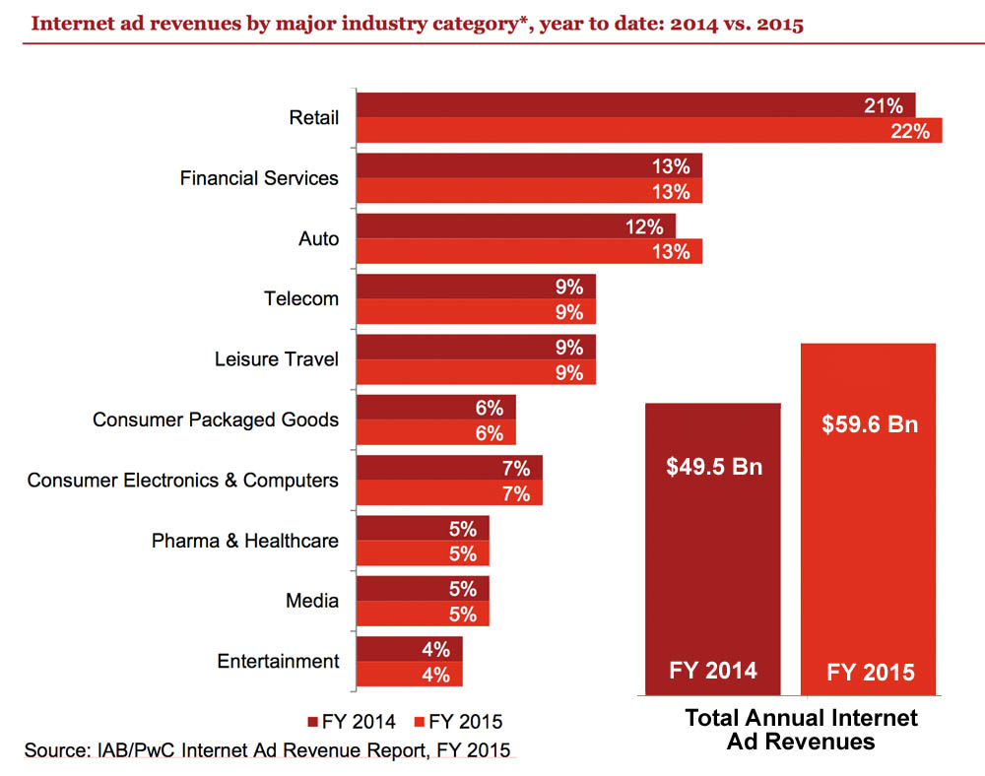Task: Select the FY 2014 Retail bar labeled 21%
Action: (635, 105)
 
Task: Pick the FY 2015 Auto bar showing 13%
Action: (529, 251)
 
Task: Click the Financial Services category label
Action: (259, 178)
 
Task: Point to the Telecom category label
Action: (301, 298)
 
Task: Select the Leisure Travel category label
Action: (277, 359)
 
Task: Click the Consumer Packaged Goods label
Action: (216, 420)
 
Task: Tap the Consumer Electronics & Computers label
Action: (183, 481)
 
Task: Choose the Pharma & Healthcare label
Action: (245, 541)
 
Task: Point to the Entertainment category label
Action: (278, 661)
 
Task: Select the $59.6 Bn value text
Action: (869, 424)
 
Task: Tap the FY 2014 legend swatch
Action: (314, 721)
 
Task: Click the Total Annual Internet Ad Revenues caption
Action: (800, 730)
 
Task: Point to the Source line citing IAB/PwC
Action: (267, 751)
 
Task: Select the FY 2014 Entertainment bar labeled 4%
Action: (409, 649)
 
